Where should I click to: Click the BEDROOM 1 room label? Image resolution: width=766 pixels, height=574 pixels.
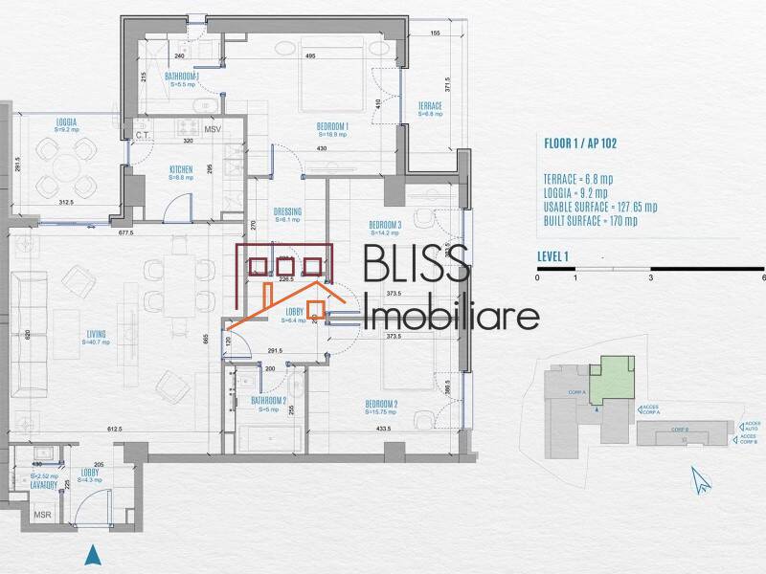[x=332, y=125]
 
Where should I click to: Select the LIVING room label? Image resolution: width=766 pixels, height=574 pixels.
[x=94, y=334]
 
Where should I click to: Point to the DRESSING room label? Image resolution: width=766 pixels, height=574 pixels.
[x=287, y=211]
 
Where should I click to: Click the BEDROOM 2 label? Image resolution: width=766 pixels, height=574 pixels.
[x=381, y=405]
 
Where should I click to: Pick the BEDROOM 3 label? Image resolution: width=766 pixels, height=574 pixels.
[x=385, y=226]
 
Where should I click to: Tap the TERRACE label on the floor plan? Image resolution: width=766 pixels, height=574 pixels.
[x=430, y=106]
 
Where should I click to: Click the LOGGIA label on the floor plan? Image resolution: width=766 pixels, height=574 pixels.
[x=66, y=121]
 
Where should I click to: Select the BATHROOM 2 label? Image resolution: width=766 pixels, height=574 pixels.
[x=269, y=400]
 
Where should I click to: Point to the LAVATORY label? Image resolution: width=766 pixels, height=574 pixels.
[x=42, y=485]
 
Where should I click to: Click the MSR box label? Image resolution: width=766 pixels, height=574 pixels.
[x=43, y=515]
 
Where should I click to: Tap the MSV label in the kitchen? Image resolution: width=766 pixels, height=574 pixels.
[x=214, y=128]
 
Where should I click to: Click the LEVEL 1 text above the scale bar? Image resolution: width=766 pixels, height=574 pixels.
[x=553, y=255]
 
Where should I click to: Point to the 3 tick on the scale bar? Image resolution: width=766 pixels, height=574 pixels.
[x=650, y=277]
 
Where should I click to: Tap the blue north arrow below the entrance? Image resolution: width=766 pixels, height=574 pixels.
[x=92, y=554]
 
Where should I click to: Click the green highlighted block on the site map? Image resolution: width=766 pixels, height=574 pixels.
[x=610, y=379]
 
